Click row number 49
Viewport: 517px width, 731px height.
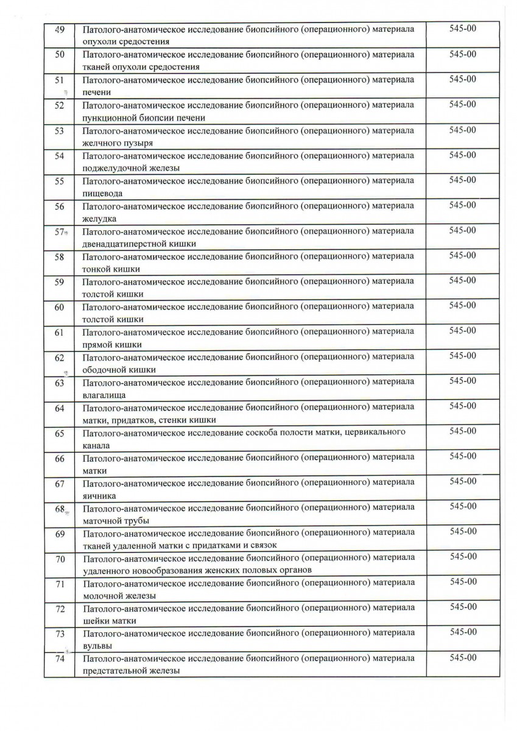click(60, 29)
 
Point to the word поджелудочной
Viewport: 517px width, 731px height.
click(110, 168)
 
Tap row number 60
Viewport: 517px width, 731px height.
click(60, 307)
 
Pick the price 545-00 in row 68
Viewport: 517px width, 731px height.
click(463, 506)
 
